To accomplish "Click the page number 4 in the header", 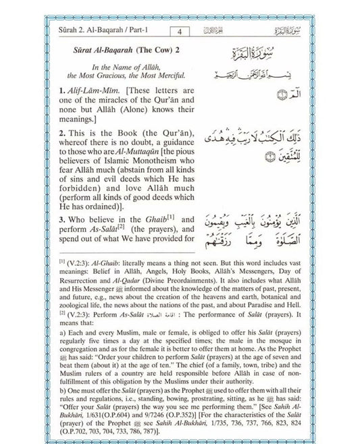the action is (180, 30).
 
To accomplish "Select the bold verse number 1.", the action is (61, 90).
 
